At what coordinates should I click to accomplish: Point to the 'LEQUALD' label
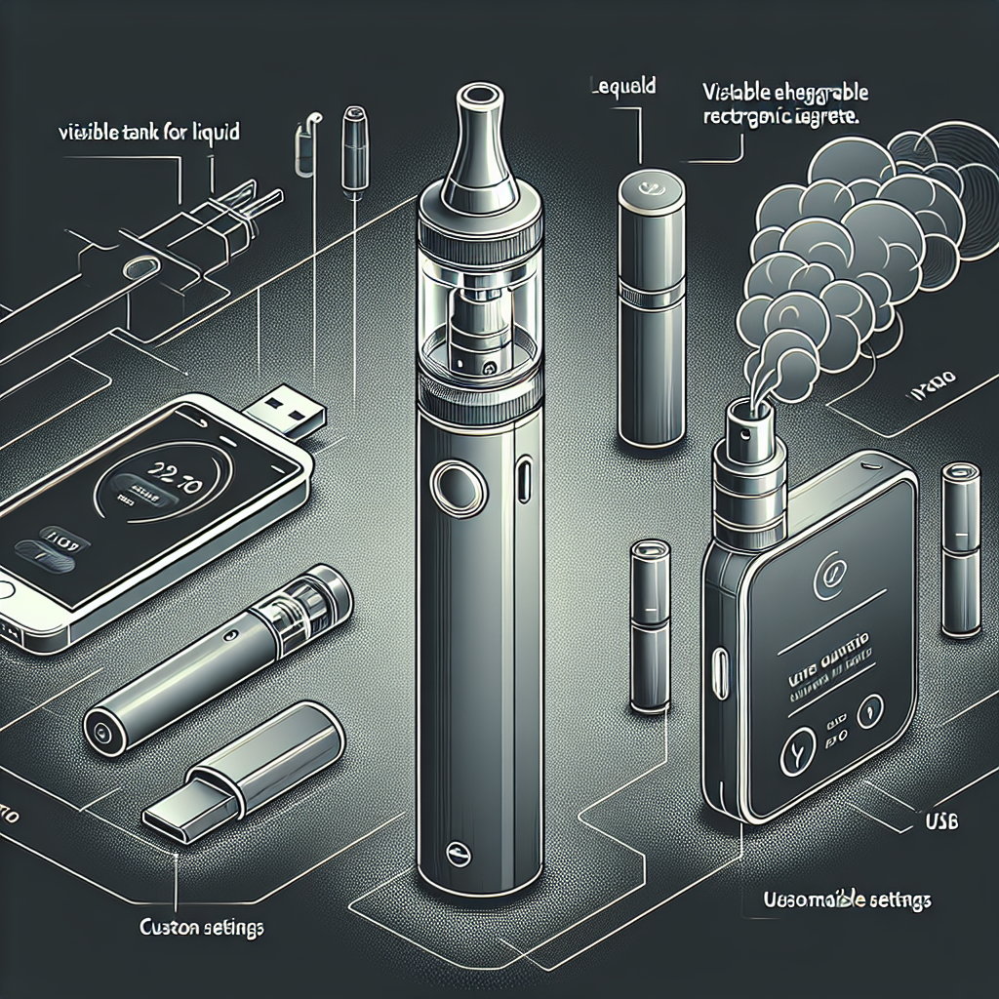tap(624, 87)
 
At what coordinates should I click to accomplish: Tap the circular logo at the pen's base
tap(456, 850)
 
